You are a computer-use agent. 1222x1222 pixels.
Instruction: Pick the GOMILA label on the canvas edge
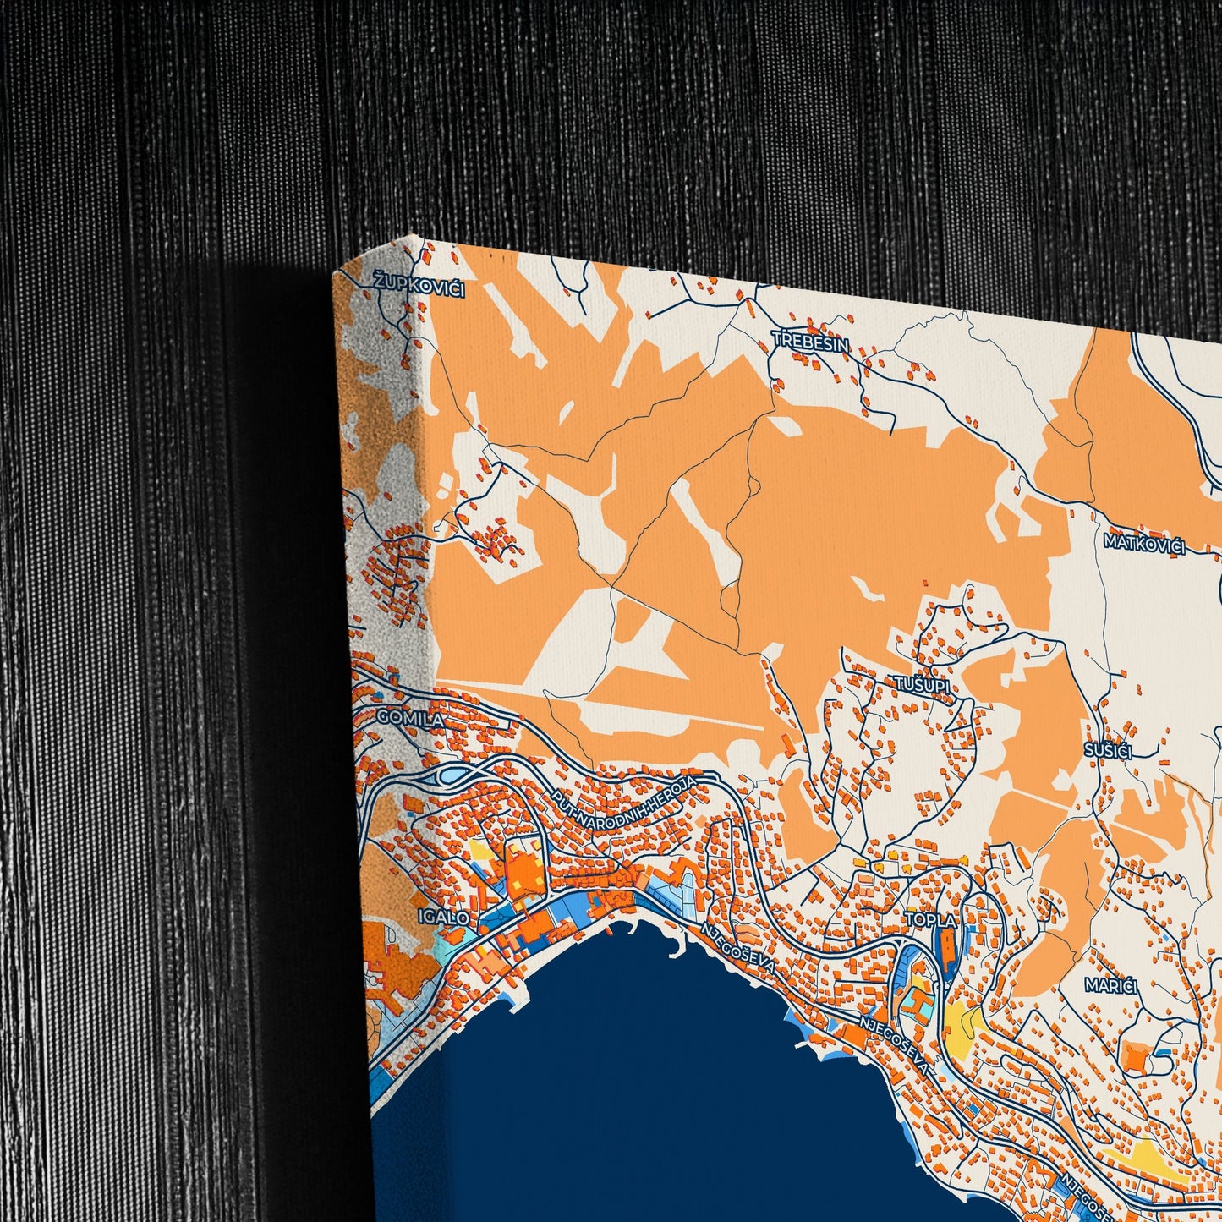[409, 718]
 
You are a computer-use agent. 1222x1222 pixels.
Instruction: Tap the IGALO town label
[443, 916]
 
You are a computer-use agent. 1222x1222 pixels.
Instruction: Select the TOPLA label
[930, 919]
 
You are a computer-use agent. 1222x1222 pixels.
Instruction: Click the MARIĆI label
[1112, 985]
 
